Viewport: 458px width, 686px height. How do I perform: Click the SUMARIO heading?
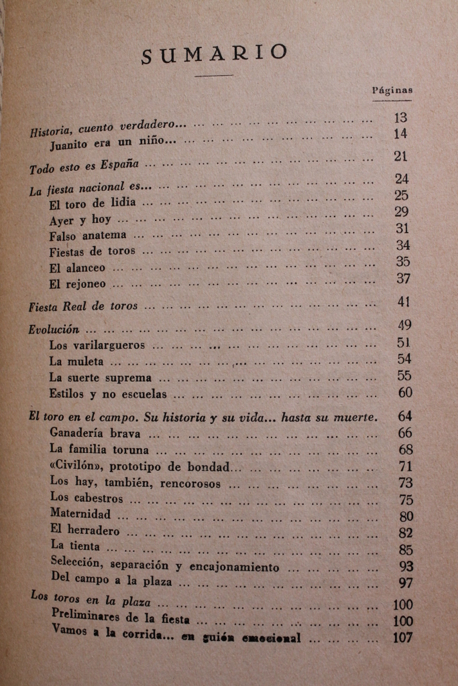click(215, 54)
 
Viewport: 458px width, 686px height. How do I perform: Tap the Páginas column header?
click(392, 90)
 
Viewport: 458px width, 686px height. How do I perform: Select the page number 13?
click(401, 118)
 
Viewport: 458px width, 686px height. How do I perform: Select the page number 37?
click(402, 278)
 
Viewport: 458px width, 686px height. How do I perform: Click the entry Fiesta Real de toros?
click(83, 306)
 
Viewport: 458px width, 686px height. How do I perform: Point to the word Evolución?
click(55, 330)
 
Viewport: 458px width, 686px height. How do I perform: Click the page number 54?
click(404, 360)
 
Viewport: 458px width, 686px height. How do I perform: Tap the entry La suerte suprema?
click(101, 377)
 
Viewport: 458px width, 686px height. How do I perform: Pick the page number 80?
click(405, 517)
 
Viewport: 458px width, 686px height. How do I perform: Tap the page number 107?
click(402, 638)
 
